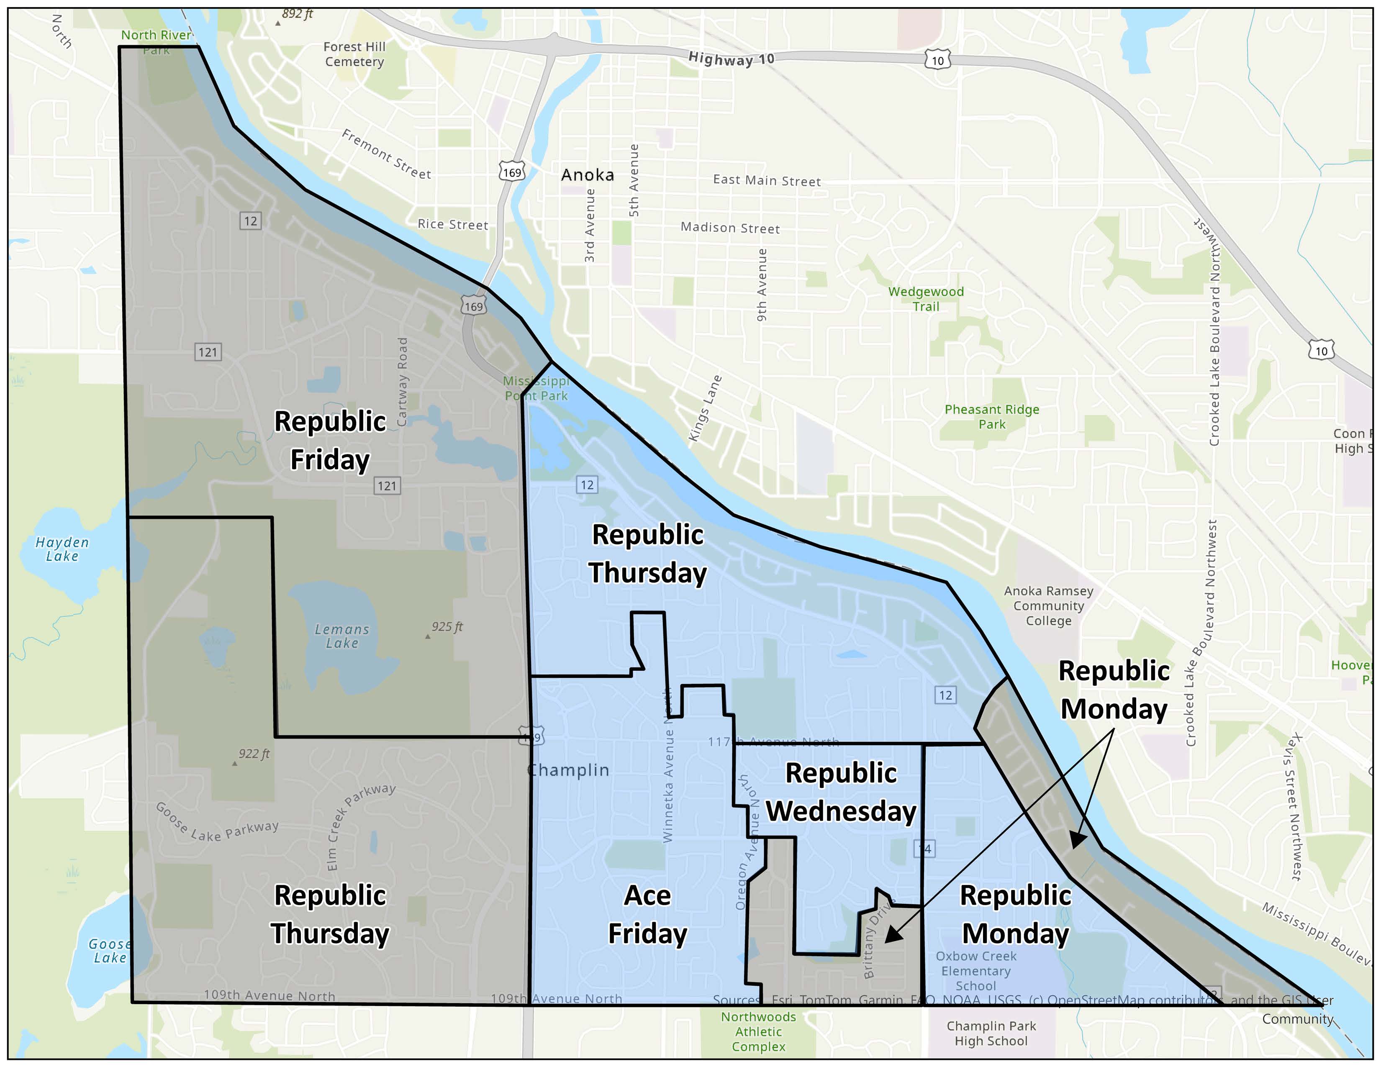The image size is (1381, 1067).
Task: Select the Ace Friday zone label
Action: point(647,915)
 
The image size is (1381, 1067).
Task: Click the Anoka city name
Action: point(588,175)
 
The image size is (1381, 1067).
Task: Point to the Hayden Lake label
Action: point(62,549)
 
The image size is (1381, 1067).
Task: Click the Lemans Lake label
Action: point(341,636)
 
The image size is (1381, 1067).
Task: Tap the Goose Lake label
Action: point(110,951)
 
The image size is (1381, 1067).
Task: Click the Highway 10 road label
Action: point(731,59)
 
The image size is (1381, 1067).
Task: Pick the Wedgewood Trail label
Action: point(926,299)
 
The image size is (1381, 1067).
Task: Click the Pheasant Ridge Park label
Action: point(991,417)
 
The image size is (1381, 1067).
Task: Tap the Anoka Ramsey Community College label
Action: point(1048,605)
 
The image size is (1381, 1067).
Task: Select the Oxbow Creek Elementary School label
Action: point(975,971)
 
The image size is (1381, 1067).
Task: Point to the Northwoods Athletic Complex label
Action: point(758,1031)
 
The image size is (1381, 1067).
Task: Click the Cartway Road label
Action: point(402,382)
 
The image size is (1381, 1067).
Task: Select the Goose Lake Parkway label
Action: point(217,823)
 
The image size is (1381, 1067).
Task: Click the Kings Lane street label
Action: point(704,408)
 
